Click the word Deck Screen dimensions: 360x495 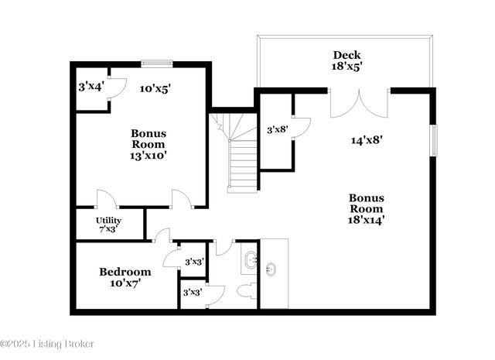pos(346,55)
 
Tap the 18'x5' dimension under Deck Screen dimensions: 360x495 pos(347,67)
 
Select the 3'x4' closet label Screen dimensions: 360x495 pos(89,87)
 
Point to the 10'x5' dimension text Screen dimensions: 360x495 pos(155,88)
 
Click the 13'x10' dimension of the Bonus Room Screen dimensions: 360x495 pos(148,155)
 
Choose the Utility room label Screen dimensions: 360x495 pos(108,221)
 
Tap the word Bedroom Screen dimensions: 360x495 pos(125,272)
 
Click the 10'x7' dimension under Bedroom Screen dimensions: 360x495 pos(125,283)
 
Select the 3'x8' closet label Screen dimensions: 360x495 pos(277,130)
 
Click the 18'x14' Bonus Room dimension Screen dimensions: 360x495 pos(366,220)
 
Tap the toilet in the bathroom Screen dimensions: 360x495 pos(247,291)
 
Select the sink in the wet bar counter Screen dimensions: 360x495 pos(271,269)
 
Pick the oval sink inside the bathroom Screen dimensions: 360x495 pos(250,260)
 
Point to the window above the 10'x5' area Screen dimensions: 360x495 pos(155,64)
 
